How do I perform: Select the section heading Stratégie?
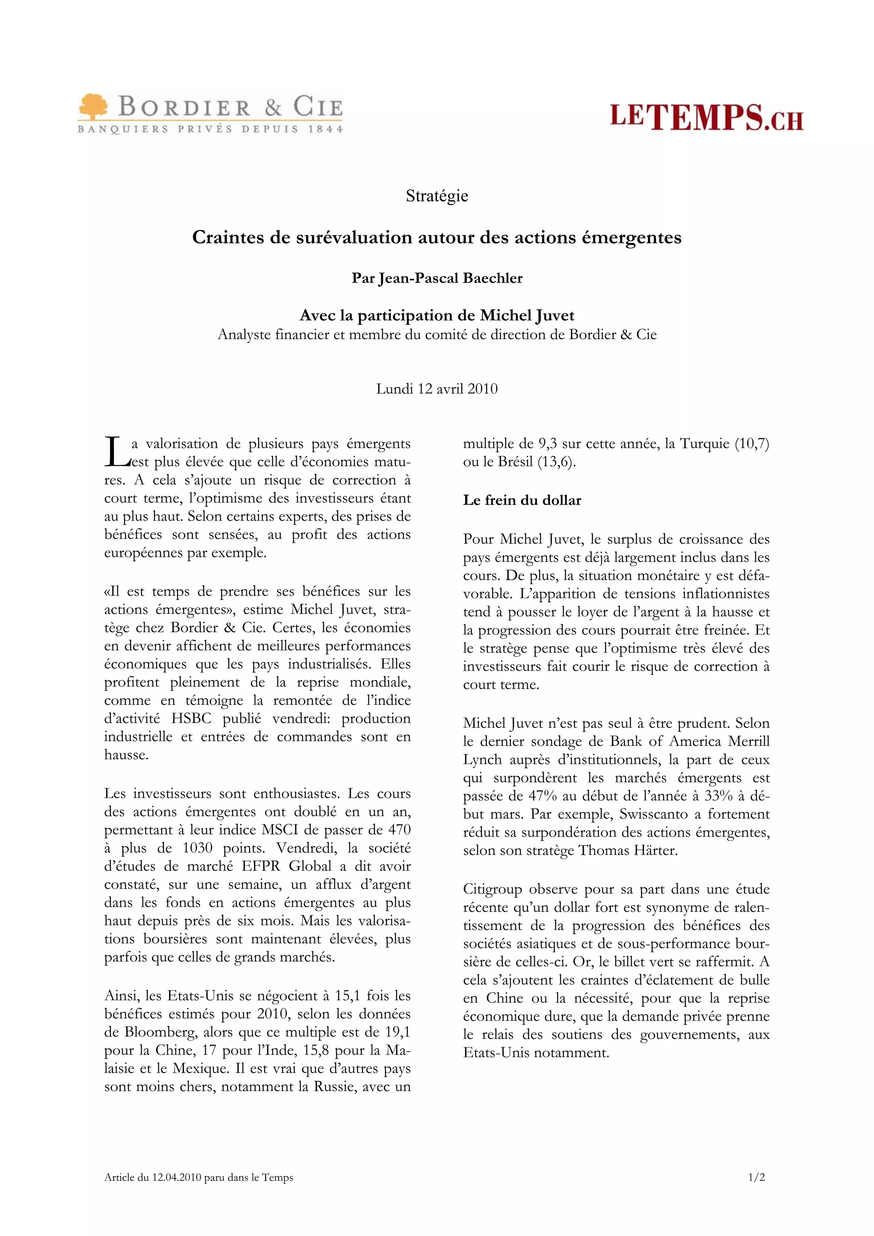pos(437,195)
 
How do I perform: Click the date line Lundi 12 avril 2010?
pos(437,388)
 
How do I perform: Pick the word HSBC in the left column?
pos(191,718)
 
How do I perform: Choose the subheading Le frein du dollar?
pos(522,500)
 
